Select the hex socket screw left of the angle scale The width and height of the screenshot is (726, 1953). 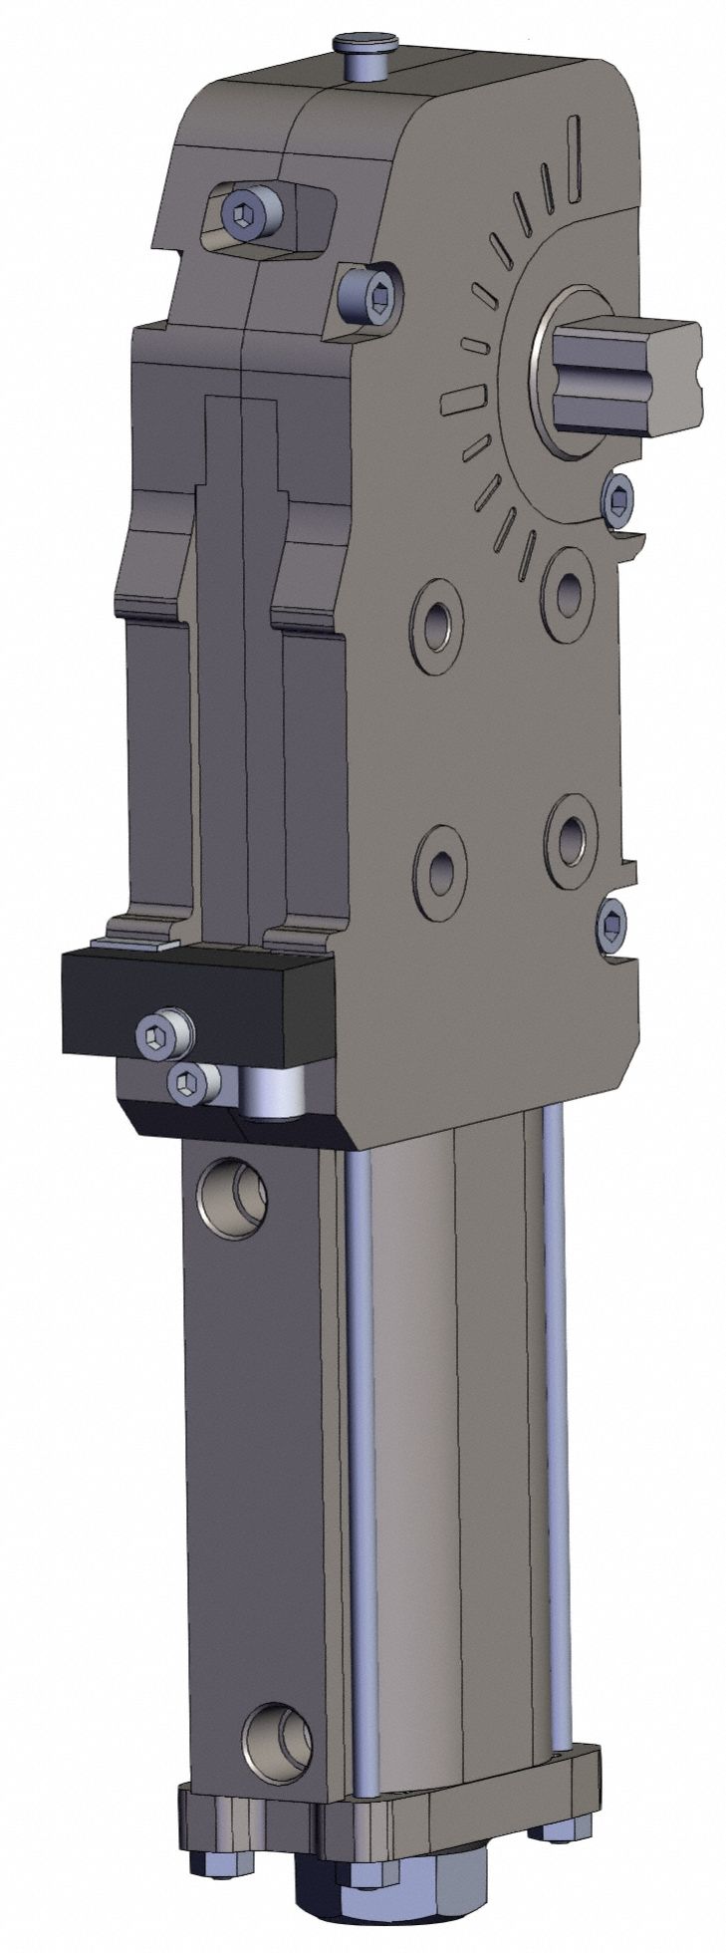[368, 294]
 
